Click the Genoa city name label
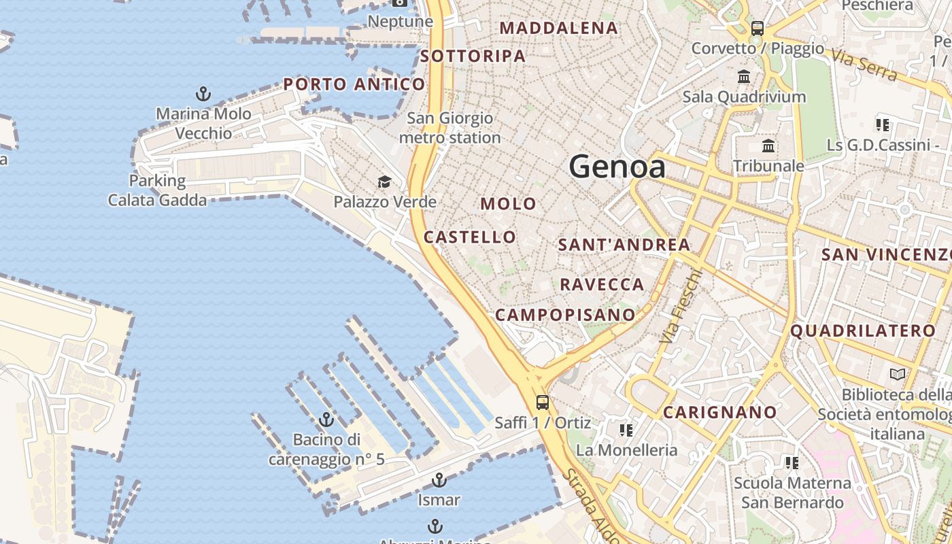[617, 167]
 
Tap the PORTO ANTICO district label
[354, 84]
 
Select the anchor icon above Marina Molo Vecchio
[203, 94]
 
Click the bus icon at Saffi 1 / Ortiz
[542, 402]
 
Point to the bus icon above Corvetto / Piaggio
[757, 29]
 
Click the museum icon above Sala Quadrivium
[744, 77]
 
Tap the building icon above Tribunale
[768, 146]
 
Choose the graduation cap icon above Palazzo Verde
[384, 182]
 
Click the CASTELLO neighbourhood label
[470, 237]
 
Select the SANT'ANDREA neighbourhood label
[624, 245]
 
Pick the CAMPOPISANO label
[565, 315]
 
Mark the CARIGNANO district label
[719, 412]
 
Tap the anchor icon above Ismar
[439, 480]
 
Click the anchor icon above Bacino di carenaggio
[326, 420]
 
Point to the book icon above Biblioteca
[898, 374]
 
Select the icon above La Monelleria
[626, 430]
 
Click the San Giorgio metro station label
[449, 128]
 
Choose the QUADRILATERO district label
[862, 331]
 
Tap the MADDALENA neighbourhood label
[558, 28]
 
